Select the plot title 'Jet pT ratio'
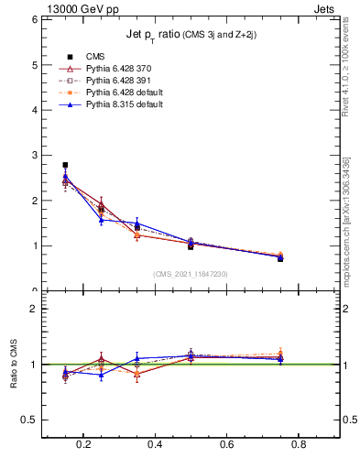tap(191, 35)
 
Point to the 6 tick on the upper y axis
tap(34, 19)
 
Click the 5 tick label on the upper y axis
tap(34, 65)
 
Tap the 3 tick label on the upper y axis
tap(34, 155)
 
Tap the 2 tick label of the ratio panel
tap(34, 310)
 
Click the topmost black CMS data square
tap(65, 165)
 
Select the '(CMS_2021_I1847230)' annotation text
tap(191, 274)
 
